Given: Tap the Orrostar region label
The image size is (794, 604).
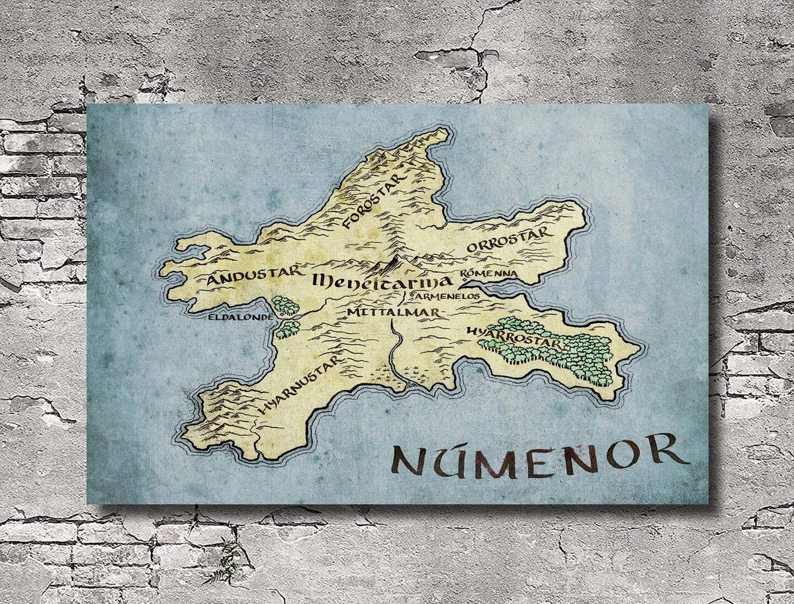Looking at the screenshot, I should (x=508, y=240).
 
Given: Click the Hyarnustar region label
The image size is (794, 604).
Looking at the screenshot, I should (x=300, y=386).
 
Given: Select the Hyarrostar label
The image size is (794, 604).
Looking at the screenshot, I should (x=513, y=337).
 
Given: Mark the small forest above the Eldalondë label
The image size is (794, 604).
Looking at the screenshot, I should (x=285, y=305).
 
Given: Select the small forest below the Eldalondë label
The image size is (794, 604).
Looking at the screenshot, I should (x=287, y=328).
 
